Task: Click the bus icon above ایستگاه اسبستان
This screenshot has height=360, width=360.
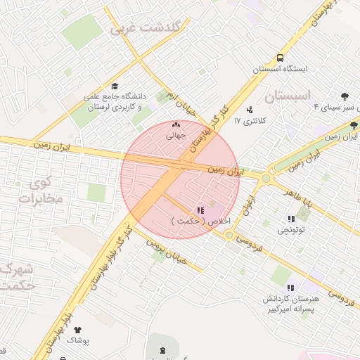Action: pos(281,58)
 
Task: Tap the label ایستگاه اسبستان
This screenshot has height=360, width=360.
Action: pos(281,70)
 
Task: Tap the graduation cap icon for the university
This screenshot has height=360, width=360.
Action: pos(114,86)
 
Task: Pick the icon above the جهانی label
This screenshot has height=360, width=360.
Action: pos(175,125)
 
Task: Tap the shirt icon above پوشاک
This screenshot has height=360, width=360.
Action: pos(77,328)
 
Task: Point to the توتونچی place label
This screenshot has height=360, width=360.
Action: pos(292,230)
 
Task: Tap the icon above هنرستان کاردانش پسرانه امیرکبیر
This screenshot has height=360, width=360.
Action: pos(290,288)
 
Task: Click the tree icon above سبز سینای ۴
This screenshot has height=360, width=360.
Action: pos(344,96)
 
